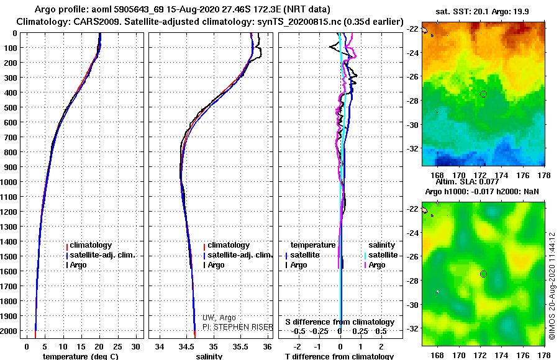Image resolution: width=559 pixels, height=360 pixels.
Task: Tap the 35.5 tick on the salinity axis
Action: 240,346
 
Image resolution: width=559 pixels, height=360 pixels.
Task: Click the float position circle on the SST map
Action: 483,94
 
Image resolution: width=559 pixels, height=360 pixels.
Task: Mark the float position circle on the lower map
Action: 483,274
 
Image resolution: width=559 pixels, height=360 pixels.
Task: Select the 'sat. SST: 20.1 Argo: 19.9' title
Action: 486,12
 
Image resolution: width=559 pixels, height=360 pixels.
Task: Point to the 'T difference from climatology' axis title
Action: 339,356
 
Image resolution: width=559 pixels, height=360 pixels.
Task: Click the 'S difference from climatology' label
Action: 340,322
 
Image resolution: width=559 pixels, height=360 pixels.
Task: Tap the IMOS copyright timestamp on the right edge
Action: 552,286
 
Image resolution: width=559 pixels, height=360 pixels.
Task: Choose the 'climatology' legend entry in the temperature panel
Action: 91,245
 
